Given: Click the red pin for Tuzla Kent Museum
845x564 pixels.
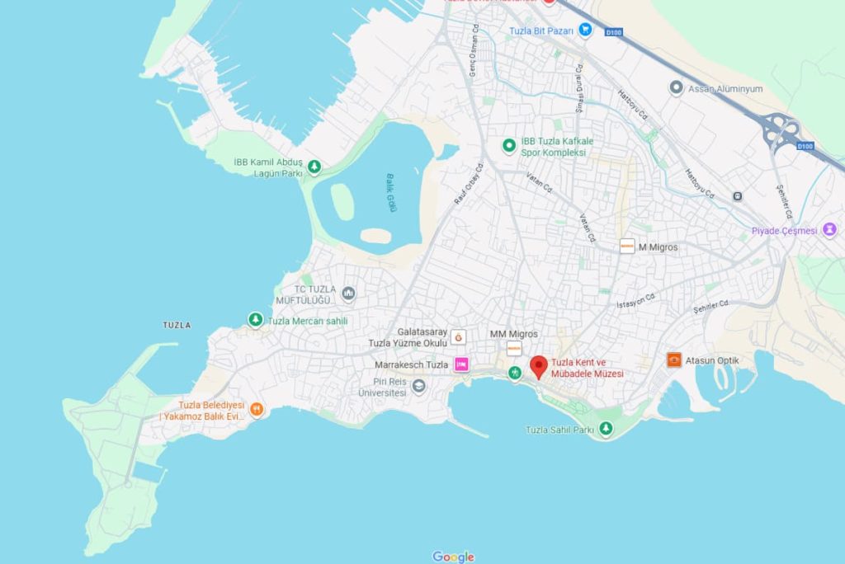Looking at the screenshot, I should tap(539, 366).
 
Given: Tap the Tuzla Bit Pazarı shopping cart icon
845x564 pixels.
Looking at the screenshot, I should tap(585, 30).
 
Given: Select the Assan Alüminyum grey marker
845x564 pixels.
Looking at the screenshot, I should tap(677, 87).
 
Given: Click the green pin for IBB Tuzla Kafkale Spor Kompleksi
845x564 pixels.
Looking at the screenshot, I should tap(509, 146).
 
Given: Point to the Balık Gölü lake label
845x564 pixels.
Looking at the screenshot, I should tap(392, 191).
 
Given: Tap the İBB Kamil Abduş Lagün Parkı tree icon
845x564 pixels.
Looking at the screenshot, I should tap(314, 167).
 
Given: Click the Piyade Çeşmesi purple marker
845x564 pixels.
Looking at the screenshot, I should tap(829, 230).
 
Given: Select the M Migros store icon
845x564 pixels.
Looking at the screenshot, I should tap(627, 246).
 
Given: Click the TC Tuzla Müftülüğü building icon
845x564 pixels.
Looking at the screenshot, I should tap(348, 294).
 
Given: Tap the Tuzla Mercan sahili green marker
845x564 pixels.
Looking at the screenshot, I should tap(256, 320).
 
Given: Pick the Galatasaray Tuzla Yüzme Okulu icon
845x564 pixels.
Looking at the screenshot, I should tap(459, 336).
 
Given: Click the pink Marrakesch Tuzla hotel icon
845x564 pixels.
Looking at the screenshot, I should tap(461, 364).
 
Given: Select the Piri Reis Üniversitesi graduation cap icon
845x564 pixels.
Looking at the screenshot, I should tap(419, 386).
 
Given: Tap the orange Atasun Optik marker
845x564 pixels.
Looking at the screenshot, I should tap(675, 360).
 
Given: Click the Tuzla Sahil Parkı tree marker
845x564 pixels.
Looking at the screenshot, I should tap(607, 429).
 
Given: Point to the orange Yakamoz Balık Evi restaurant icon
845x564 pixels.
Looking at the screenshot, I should tap(257, 408).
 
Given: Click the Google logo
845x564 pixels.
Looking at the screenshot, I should tap(453, 557).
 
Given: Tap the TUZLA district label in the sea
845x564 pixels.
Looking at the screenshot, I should tap(177, 325).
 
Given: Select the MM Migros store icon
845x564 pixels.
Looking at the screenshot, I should tap(514, 349).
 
